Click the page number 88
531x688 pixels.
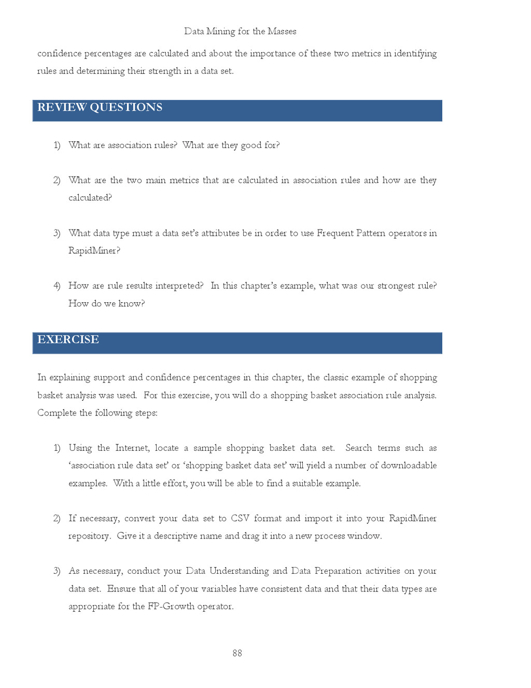click(x=237, y=653)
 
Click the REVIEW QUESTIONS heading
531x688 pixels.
click(x=100, y=107)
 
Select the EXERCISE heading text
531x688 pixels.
click(x=68, y=340)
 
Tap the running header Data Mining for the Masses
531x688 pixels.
click(x=240, y=31)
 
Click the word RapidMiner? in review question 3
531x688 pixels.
click(x=94, y=251)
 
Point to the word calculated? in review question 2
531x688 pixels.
click(x=90, y=198)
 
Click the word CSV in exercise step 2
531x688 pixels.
click(x=240, y=518)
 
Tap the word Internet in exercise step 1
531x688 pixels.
click(x=132, y=448)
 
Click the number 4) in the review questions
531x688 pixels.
click(x=57, y=286)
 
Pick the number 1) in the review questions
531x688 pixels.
click(x=57, y=145)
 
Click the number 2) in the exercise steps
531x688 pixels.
click(x=57, y=518)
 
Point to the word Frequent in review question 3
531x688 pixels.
click(x=335, y=233)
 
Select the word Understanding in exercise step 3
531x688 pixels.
click(x=239, y=571)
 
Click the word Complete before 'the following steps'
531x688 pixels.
click(x=57, y=413)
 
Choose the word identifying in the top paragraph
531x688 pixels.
click(x=415, y=53)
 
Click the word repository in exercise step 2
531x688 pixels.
click(x=89, y=536)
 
